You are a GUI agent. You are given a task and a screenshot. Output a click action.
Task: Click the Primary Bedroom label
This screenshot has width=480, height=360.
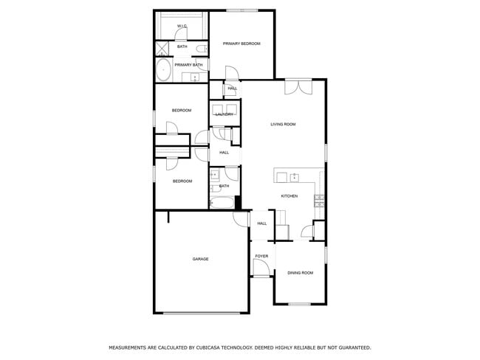pyautogui.click(x=241, y=44)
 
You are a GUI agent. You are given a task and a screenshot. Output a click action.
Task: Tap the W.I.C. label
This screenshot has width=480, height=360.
pyautogui.click(x=182, y=27)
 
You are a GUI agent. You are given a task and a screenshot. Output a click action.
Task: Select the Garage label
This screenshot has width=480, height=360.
pyautogui.click(x=200, y=259)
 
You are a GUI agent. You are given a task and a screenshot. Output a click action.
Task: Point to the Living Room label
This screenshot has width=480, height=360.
pyautogui.click(x=283, y=124)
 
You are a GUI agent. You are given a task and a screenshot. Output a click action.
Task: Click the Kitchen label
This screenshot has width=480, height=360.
pyautogui.click(x=289, y=196)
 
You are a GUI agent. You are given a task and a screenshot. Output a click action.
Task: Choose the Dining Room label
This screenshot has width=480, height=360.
pyautogui.click(x=300, y=273)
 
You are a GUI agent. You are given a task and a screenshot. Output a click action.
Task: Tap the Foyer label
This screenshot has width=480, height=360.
pyautogui.click(x=261, y=256)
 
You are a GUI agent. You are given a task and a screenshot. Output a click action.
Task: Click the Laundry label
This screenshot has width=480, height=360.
pyautogui.click(x=224, y=114)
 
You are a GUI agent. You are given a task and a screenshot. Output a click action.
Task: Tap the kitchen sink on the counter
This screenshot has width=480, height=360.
pyautogui.click(x=294, y=177)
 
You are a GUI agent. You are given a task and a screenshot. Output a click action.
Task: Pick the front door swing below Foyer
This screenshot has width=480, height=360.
pyautogui.click(x=260, y=270)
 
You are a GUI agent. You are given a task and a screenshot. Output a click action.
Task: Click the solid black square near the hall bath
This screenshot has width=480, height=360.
pyautogui.click(x=238, y=201)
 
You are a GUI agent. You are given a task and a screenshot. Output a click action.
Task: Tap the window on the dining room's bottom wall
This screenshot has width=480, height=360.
pyautogui.click(x=299, y=304)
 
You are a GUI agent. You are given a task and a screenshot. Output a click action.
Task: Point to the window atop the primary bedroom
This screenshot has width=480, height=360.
pyautogui.click(x=241, y=10)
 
